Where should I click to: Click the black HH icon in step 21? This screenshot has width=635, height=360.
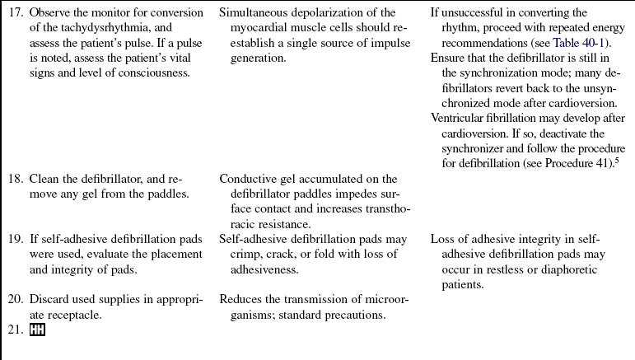pos(38,330)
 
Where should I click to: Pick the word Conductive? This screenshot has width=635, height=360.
pos(249,179)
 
